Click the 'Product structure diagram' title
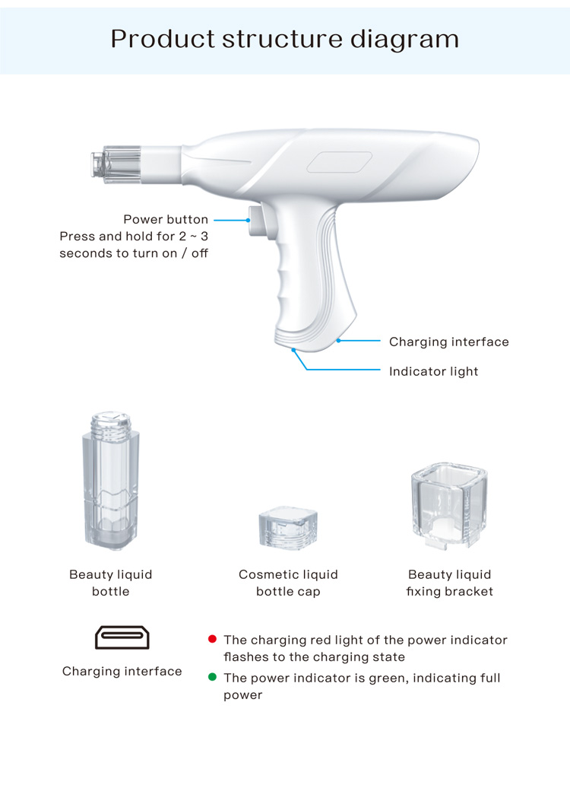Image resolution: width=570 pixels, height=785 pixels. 285,38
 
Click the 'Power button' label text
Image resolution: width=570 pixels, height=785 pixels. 166,220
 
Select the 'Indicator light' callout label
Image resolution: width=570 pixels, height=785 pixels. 433,371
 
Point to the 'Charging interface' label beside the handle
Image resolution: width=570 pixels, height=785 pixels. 448,342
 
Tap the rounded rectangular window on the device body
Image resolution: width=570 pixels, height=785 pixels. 339,164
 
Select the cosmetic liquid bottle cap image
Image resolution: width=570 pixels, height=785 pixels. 288,526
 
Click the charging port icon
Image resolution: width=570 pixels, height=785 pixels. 122,637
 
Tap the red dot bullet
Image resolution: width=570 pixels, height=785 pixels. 213,639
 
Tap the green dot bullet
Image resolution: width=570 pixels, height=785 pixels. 213,677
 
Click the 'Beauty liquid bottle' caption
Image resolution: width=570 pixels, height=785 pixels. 111,583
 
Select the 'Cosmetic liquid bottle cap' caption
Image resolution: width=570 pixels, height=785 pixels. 288,583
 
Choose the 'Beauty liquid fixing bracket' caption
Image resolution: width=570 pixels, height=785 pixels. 449,583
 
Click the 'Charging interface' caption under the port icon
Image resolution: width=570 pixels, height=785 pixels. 122,671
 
